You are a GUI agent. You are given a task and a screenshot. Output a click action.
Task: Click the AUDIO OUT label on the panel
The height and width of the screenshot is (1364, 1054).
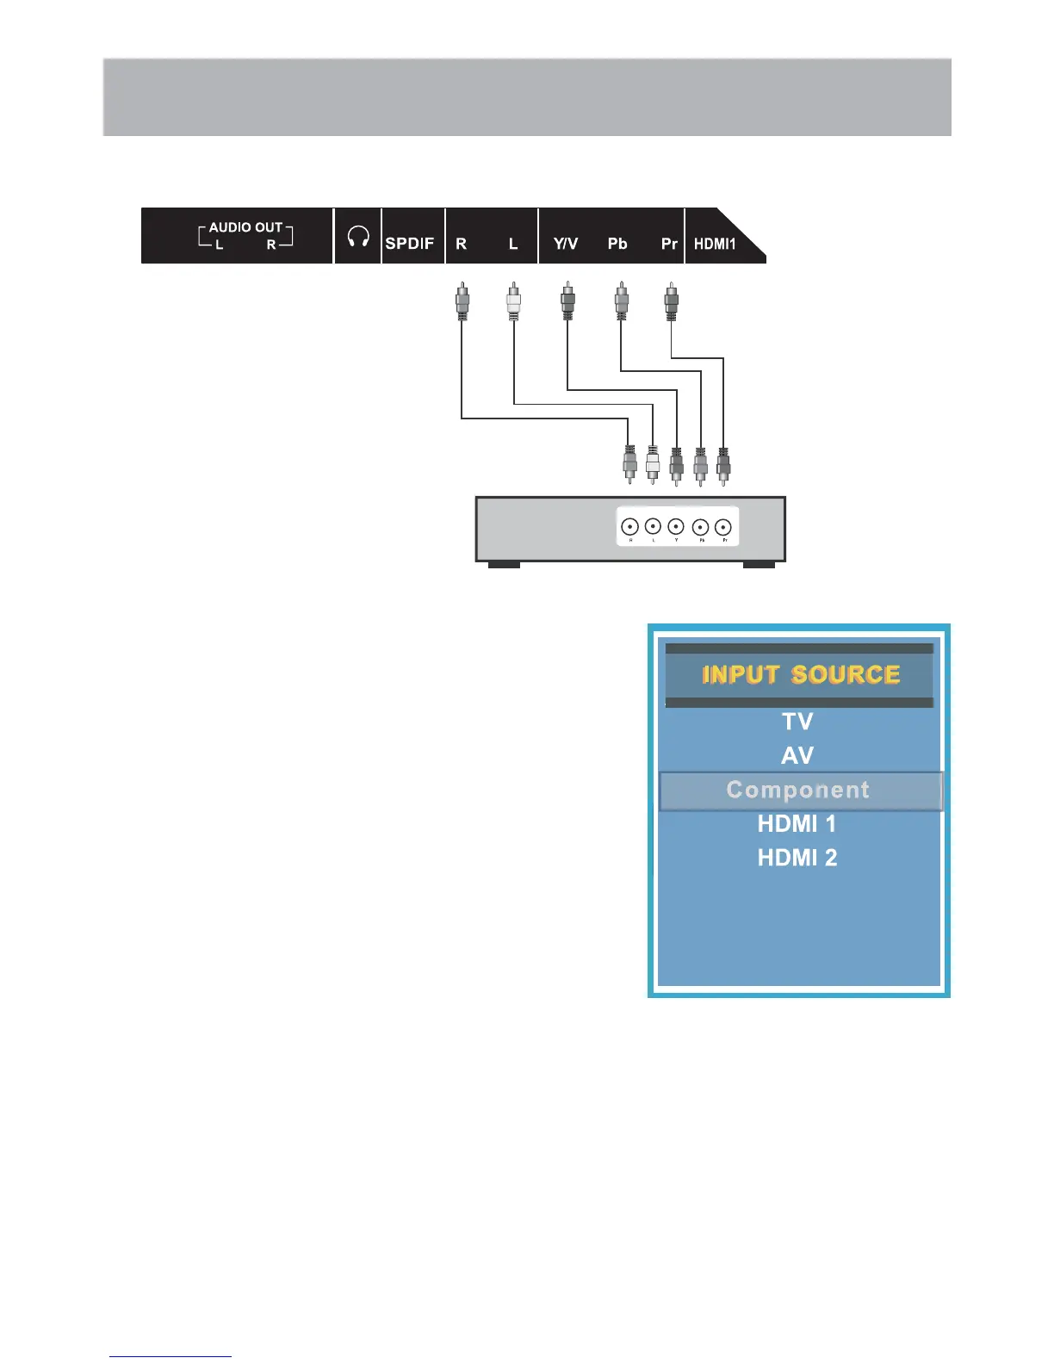click(x=245, y=227)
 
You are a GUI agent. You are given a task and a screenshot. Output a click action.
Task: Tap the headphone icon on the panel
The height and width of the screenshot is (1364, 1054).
click(x=358, y=237)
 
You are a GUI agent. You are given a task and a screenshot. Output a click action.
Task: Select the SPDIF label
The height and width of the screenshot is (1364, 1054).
click(x=410, y=244)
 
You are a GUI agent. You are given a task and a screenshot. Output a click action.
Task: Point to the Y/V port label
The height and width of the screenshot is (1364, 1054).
click(x=566, y=244)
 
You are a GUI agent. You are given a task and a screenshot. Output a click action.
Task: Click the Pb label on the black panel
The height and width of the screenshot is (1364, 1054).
click(x=617, y=244)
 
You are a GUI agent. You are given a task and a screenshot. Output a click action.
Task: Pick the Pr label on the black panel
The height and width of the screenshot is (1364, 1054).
click(x=669, y=244)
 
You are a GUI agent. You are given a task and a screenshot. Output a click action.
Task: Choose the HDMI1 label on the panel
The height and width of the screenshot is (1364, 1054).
click(x=715, y=244)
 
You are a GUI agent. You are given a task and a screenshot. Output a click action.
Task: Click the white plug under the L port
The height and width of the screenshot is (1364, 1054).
click(x=514, y=302)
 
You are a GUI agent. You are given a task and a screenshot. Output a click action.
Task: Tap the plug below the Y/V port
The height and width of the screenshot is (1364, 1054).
click(x=567, y=302)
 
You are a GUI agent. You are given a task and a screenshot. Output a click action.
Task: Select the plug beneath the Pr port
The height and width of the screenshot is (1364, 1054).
click(x=672, y=302)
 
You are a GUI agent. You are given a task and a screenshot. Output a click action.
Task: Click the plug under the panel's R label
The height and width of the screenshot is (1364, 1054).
click(x=462, y=302)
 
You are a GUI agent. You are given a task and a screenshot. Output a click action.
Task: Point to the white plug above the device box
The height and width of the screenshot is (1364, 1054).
click(x=653, y=464)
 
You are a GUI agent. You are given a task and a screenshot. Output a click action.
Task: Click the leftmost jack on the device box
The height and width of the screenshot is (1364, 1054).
click(x=630, y=526)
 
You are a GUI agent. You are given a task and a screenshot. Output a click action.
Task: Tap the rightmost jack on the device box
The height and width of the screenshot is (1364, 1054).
click(x=723, y=526)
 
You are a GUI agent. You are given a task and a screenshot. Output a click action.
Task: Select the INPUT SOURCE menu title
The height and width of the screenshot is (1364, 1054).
click(x=800, y=674)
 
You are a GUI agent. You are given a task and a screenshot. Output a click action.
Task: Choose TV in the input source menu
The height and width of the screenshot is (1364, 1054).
click(x=797, y=721)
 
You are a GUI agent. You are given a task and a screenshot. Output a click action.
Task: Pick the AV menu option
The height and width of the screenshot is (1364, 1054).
click(x=797, y=755)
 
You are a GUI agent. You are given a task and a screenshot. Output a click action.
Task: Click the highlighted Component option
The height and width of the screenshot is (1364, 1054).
click(x=798, y=790)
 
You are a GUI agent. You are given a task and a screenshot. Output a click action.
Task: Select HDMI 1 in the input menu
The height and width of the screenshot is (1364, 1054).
click(x=797, y=824)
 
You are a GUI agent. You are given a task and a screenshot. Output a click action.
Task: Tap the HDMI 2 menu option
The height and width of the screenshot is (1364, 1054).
click(x=797, y=858)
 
